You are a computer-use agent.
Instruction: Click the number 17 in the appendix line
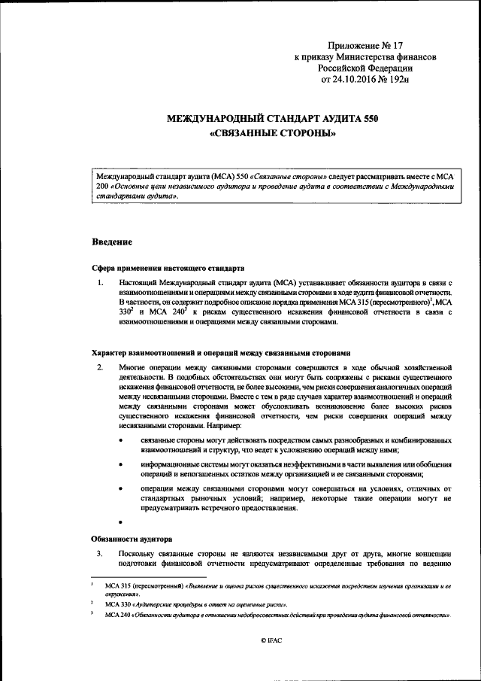click(398, 47)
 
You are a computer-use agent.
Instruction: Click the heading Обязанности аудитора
click(132, 540)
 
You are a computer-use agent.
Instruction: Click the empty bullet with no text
click(120, 521)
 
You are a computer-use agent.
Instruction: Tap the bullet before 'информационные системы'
click(120, 464)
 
